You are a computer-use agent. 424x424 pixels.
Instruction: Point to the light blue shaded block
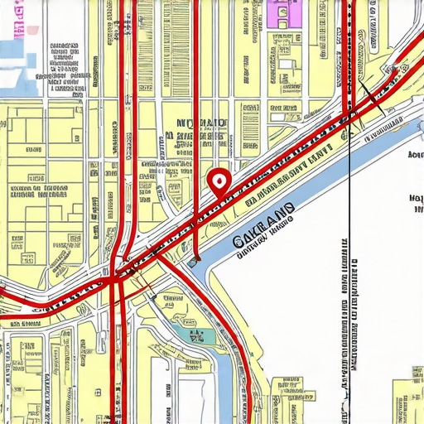pos(12,50)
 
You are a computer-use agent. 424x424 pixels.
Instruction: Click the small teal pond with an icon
pos(197,335)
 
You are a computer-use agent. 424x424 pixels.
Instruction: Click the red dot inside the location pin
pos(219,179)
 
